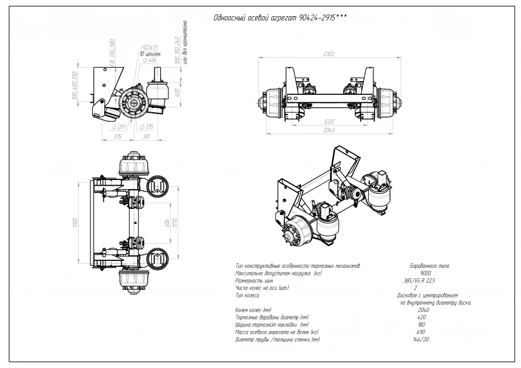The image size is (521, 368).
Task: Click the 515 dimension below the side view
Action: point(118,137)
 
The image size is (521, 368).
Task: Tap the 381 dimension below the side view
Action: point(146,137)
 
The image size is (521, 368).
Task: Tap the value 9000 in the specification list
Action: point(425,273)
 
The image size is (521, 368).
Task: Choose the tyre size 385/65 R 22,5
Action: point(420,280)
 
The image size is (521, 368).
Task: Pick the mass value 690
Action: point(421,332)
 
